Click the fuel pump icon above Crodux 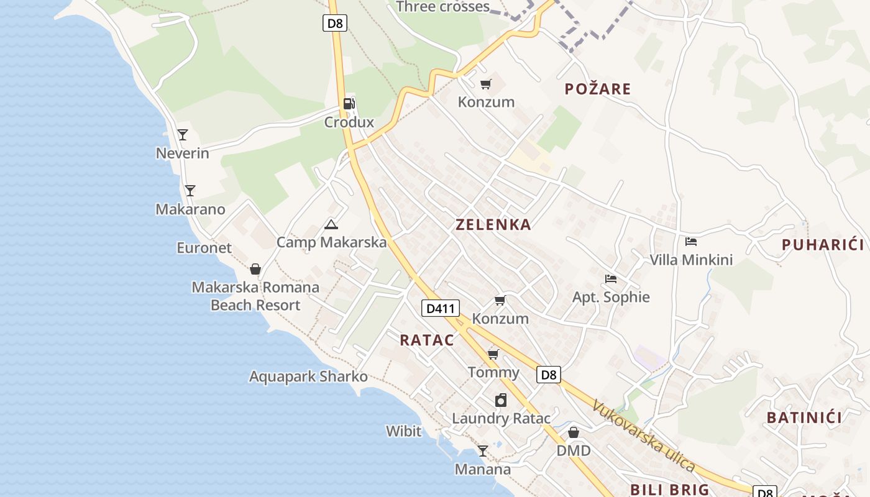(349, 104)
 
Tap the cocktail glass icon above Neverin (183, 134)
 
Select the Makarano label (190, 209)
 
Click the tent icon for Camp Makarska (331, 224)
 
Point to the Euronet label (204, 248)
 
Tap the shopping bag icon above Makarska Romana (255, 269)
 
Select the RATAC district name (427, 340)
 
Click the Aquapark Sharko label (308, 376)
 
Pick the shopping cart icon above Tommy (493, 354)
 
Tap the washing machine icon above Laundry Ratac (501, 400)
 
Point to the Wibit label (403, 431)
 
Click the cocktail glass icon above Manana (483, 450)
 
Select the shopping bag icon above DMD (574, 432)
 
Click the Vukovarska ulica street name (643, 435)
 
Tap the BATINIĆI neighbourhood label (804, 417)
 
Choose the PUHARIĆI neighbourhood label (822, 245)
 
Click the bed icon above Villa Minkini (691, 242)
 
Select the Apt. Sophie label (611, 297)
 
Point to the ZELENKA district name (493, 225)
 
